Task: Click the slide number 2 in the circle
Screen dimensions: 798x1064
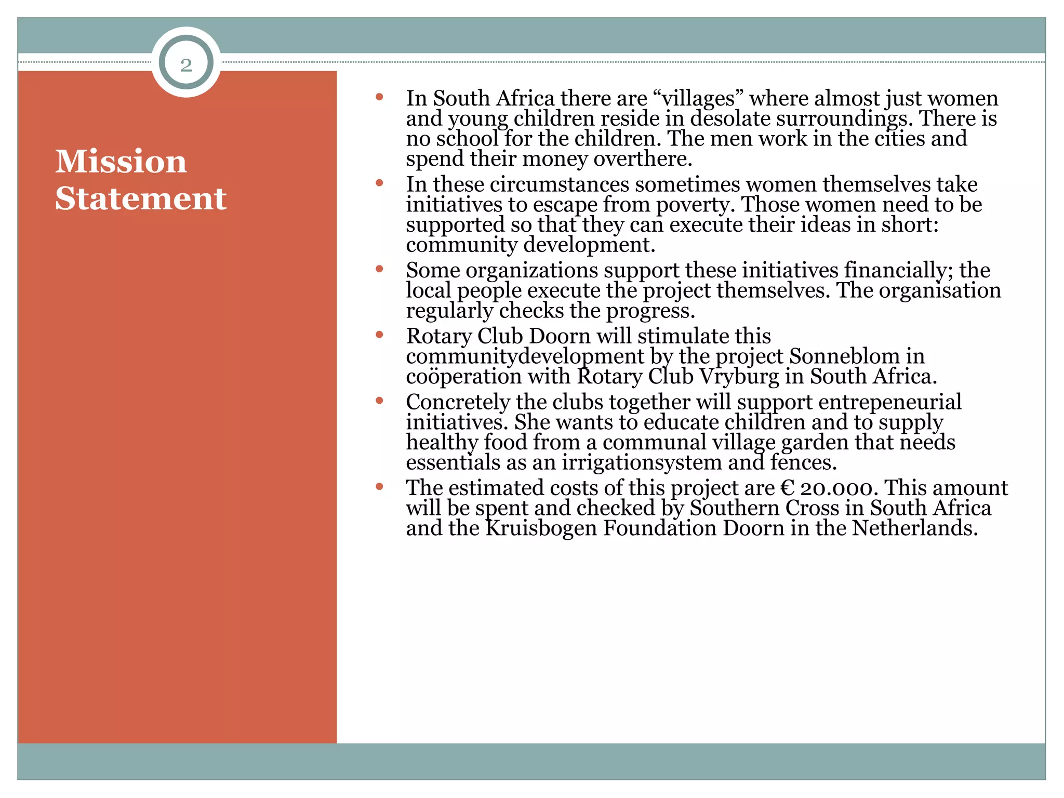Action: (186, 65)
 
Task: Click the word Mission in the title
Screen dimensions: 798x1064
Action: (121, 161)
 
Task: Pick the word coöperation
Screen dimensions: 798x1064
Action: (463, 377)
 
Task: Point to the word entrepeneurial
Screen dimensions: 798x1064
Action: (889, 402)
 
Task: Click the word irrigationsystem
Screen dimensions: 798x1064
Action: (642, 462)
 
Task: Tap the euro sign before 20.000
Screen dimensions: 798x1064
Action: (787, 488)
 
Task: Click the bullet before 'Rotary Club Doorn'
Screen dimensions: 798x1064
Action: (379, 335)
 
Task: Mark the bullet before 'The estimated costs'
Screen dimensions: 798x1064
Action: (379, 486)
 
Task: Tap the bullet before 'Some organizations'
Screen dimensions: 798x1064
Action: (379, 269)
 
